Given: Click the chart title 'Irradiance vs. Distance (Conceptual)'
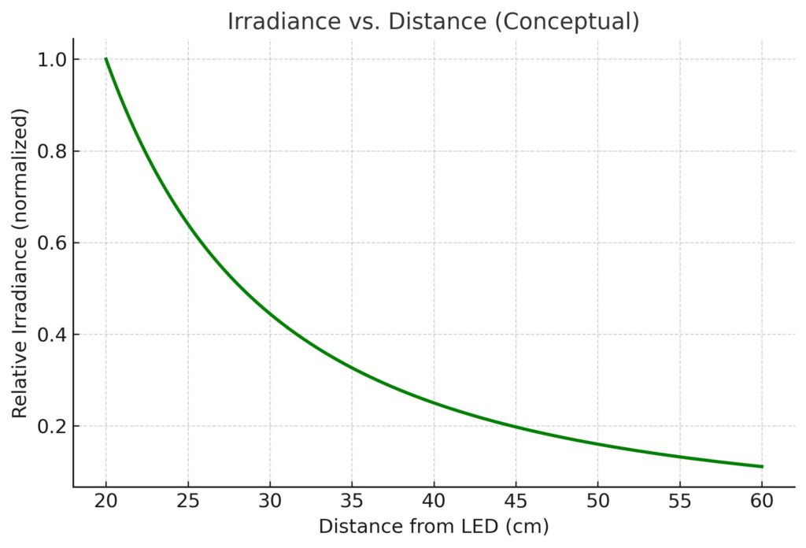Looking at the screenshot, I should point(433,21).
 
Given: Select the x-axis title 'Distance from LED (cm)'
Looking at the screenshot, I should point(434,527).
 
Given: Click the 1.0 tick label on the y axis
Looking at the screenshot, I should point(52,60).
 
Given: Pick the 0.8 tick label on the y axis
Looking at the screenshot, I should point(52,151).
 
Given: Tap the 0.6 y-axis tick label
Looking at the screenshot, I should point(52,243).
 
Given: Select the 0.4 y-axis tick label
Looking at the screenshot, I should point(52,335).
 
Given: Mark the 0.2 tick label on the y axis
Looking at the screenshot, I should point(52,427).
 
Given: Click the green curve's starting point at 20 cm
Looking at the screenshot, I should point(106,59).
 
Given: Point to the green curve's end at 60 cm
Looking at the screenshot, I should point(761,467).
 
